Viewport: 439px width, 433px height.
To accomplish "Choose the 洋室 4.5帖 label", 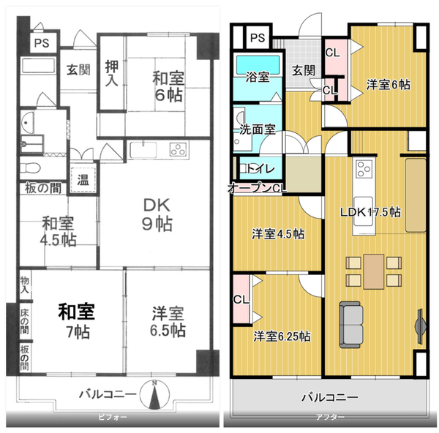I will point(278,234).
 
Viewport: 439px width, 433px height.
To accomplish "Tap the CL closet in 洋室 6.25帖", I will point(241,300).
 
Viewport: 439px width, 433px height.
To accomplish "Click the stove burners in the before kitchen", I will point(179,151).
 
